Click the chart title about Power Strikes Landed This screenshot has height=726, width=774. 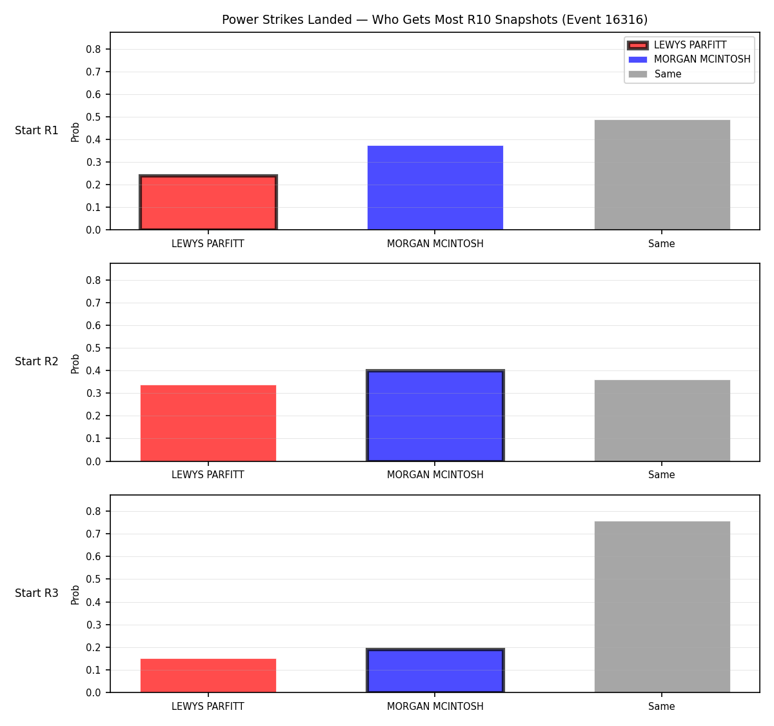435,19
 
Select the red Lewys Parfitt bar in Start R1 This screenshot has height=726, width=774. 208,203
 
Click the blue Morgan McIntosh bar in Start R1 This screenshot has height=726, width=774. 435,188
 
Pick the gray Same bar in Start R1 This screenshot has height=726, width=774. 662,175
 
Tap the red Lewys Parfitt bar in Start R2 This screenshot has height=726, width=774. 208,423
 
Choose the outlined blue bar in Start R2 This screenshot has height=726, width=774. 435,416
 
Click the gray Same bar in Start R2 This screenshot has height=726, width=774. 662,421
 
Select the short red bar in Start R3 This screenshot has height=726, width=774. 208,675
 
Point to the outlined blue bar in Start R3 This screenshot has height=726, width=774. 435,671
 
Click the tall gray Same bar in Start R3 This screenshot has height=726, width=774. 662,607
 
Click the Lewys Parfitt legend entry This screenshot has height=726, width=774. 677,45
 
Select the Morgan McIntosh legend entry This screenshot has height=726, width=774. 689,59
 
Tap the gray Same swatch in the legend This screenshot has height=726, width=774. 638,74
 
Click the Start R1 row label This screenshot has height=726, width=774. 37,130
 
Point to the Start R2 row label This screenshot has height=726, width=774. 37,361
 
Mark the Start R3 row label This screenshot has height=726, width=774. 37,592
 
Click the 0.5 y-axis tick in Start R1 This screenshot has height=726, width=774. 93,117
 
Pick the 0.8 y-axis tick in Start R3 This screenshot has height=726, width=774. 93,511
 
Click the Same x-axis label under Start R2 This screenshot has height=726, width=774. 661,475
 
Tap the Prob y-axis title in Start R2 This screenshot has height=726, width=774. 75,363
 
